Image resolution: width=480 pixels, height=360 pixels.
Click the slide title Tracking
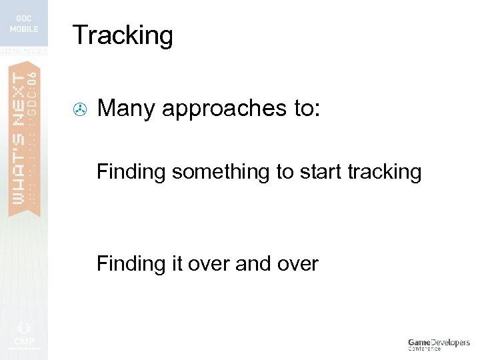tap(123, 35)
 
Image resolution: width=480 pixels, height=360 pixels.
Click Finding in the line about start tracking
tap(131, 173)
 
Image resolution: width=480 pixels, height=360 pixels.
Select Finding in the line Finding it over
tap(131, 264)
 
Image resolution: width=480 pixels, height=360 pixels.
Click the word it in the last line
tap(176, 264)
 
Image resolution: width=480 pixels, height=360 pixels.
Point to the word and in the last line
tap(253, 264)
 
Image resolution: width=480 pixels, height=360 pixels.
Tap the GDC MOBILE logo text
tap(24, 24)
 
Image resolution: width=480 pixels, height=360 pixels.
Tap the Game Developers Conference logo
tap(438, 344)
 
